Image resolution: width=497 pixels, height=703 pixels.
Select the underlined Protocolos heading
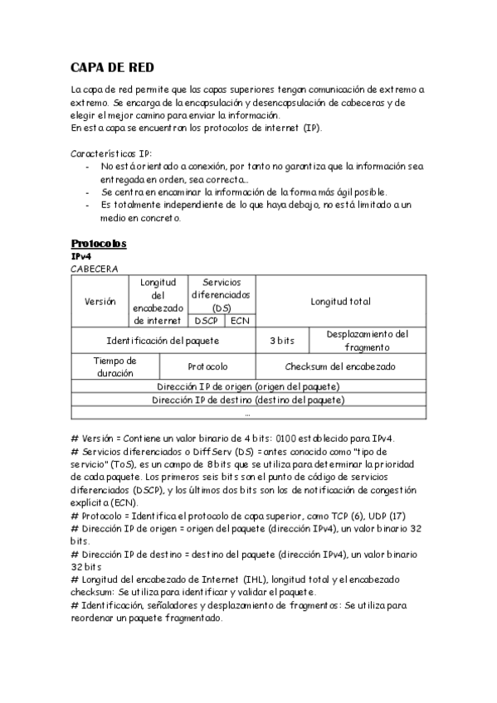(98, 244)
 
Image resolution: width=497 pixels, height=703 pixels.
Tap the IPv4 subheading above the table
(80, 257)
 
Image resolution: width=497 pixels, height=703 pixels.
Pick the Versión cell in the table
(100, 302)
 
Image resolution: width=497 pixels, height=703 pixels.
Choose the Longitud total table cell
(340, 302)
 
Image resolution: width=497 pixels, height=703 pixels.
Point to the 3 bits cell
(282, 341)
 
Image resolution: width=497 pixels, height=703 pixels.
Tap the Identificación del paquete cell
(163, 341)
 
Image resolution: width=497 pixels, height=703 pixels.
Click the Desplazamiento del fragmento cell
(367, 341)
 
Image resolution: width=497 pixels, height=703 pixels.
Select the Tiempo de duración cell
(115, 366)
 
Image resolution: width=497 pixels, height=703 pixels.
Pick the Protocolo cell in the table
(207, 366)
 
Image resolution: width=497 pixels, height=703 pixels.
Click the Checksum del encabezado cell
(340, 366)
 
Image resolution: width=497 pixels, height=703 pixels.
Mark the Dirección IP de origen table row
(249, 386)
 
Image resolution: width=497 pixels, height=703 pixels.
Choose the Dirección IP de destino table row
(249, 400)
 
